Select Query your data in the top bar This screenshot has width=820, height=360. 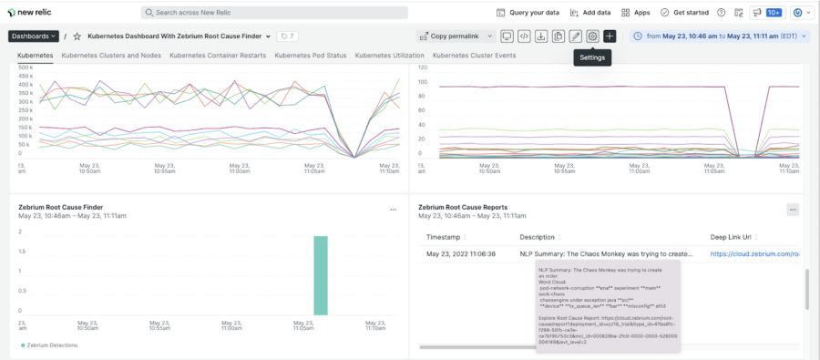click(528, 13)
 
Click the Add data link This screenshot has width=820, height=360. click(590, 13)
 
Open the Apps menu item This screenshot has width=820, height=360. click(635, 13)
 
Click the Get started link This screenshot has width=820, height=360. click(684, 13)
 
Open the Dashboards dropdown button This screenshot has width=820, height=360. click(34, 36)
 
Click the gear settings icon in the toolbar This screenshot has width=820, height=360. click(592, 36)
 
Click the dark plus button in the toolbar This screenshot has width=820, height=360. click(610, 36)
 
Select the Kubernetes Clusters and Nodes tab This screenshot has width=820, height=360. click(111, 56)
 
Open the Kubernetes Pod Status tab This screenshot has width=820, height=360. click(310, 56)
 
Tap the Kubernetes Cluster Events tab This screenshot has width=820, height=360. click(474, 56)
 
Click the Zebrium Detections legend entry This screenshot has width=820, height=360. click(51, 345)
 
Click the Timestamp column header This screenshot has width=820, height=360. click(443, 237)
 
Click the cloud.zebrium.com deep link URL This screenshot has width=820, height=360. click(754, 254)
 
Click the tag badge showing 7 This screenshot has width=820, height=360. click(287, 36)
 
